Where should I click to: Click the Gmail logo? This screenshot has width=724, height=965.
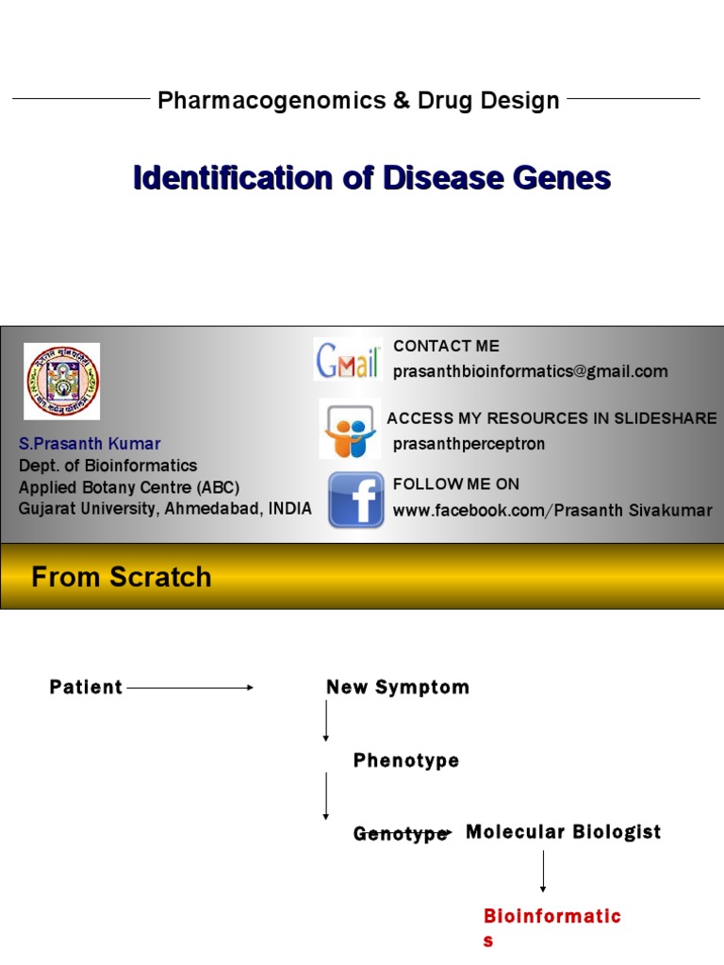point(348,359)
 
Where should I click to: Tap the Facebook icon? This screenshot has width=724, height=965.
point(355,499)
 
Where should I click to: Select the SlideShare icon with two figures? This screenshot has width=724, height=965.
point(350,429)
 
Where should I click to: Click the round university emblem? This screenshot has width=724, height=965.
point(62,381)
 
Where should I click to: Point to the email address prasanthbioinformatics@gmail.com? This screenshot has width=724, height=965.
point(530,371)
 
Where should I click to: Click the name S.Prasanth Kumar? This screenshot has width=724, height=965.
point(90,443)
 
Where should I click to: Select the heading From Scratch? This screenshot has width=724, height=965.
point(122,577)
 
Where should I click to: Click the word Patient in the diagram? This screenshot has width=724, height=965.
point(86,687)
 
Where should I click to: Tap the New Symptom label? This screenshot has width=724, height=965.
point(397,687)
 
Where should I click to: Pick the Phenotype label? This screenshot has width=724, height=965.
point(406,761)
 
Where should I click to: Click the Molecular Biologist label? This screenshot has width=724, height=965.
point(563,831)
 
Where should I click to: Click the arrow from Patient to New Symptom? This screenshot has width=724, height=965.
point(189,688)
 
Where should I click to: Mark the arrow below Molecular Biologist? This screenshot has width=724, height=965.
point(543,871)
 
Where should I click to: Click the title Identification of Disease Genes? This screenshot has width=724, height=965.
point(371,177)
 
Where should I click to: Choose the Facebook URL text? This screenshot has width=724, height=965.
point(552,511)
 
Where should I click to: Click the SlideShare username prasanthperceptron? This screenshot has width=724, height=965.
point(469,444)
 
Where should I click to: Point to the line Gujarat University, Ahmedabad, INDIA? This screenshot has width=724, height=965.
point(165,508)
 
